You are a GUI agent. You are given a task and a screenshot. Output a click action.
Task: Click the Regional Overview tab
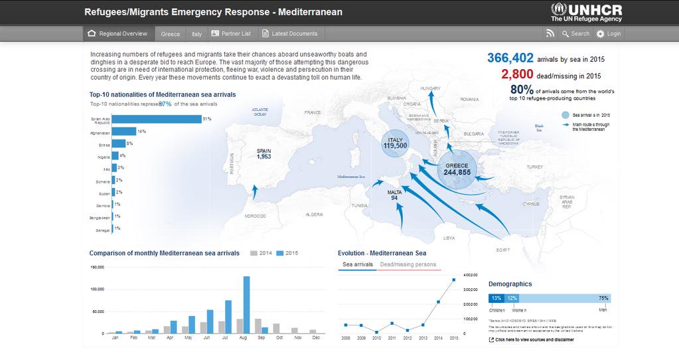click(117, 34)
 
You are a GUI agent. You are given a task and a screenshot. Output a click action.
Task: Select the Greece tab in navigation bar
click(170, 34)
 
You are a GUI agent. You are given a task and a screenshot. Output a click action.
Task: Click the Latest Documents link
click(289, 34)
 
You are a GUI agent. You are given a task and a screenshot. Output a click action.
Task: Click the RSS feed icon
click(550, 34)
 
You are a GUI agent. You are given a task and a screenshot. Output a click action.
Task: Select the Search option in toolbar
click(574, 34)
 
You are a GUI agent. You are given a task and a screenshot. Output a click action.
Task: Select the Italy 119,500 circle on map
click(395, 143)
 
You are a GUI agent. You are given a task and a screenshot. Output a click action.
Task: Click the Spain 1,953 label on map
click(264, 153)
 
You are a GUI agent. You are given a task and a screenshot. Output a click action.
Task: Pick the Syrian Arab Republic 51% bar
click(157, 119)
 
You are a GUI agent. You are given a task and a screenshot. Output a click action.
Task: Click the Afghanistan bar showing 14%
click(124, 132)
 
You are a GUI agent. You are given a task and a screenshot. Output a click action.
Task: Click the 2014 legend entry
click(262, 253)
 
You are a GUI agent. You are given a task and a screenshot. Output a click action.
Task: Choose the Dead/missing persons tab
click(408, 264)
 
